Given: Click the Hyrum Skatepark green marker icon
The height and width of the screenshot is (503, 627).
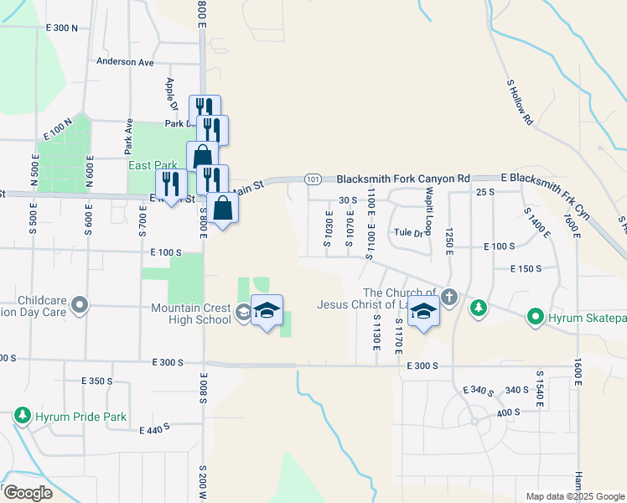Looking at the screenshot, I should tap(535, 317).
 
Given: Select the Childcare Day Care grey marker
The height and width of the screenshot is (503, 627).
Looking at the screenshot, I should tap(80, 305).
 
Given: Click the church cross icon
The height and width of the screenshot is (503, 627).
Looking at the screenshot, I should tap(449, 296).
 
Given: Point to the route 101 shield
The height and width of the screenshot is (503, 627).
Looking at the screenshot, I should tap(313, 179).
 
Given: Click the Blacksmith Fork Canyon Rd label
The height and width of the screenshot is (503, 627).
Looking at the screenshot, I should tap(403, 179).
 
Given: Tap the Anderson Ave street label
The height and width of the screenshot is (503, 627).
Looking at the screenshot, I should tap(126, 61).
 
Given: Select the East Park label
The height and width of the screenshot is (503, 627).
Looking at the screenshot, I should tap(149, 165).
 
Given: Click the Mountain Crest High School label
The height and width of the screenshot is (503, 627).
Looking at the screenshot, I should tap(191, 314).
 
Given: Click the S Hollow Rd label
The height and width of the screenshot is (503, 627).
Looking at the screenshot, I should tap(520, 102).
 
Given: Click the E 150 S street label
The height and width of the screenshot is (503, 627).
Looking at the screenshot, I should tap(527, 268).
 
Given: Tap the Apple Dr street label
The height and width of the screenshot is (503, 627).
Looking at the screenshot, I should tap(171, 96).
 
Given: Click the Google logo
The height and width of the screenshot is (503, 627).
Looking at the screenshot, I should tap(28, 493).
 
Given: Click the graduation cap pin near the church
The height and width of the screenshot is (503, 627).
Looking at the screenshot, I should tap(424, 311).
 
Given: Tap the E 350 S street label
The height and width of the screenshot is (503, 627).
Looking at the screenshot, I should tap(97, 381).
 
